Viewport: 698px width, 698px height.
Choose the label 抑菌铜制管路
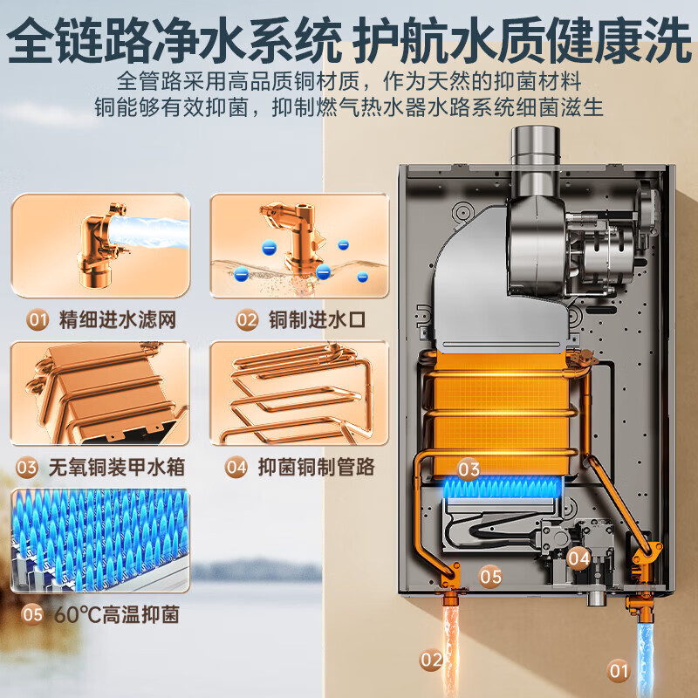tap(316, 467)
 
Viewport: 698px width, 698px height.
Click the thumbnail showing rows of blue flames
tap(100, 541)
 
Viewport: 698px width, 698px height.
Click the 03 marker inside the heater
tap(469, 469)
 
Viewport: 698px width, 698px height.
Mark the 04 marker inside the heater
tap(578, 557)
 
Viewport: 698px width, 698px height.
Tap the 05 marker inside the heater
tap(490, 576)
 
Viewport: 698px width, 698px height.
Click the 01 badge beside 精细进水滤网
tap(37, 320)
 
